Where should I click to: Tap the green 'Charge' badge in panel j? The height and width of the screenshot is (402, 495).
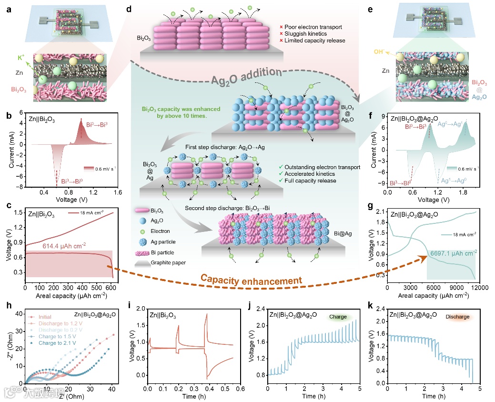pos(339,317)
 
